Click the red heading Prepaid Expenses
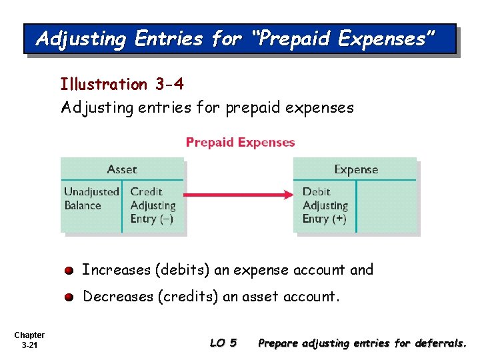(240, 142)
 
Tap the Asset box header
(122, 169)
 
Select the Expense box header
(356, 169)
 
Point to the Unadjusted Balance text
(91, 199)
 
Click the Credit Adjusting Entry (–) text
(153, 205)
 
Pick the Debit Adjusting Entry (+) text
(325, 205)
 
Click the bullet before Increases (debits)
(69, 271)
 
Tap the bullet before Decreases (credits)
(69, 297)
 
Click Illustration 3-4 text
(122, 85)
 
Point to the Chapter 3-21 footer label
(29, 340)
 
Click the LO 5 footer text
(223, 343)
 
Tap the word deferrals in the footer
(441, 343)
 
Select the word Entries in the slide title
(168, 39)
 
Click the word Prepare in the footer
(278, 343)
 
